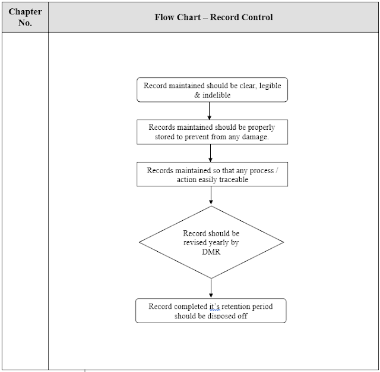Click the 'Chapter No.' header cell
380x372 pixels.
coord(24,17)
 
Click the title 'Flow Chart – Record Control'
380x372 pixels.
coord(214,17)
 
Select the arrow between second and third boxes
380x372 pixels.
coord(211,153)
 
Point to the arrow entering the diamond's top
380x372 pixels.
coord(211,197)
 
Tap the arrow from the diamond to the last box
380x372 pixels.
coord(211,289)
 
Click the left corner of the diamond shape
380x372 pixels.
coord(140,242)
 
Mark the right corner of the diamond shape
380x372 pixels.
coord(283,242)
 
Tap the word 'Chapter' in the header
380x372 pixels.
coord(24,11)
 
